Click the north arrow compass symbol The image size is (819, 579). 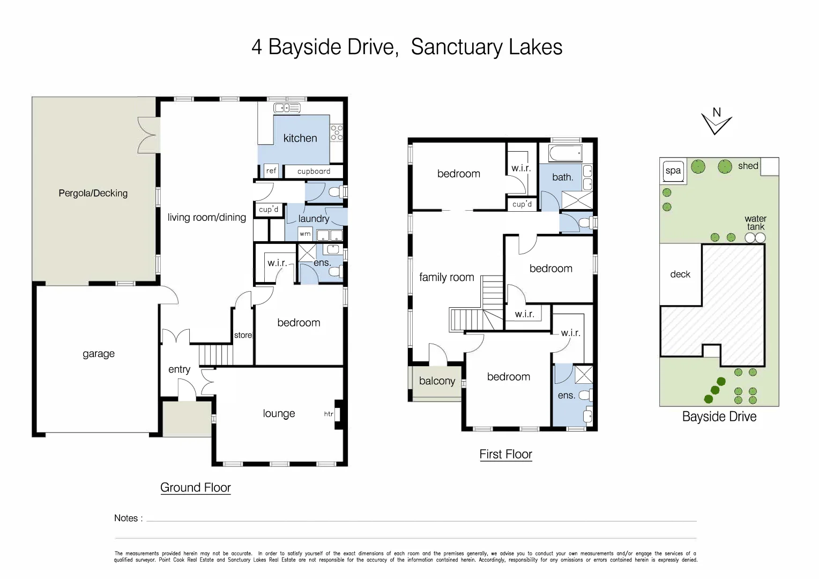[717, 122]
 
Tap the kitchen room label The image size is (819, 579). [300, 138]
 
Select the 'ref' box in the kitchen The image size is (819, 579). [271, 171]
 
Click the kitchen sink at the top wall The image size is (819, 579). [287, 108]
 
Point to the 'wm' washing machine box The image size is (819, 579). [305, 234]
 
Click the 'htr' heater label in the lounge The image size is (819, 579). [329, 414]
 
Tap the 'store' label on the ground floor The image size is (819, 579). [243, 335]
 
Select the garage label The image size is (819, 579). [99, 354]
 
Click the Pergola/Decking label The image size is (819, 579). [93, 193]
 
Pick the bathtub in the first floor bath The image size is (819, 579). [565, 154]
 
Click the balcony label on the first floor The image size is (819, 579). [437, 381]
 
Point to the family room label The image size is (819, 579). [446, 277]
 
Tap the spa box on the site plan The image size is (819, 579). [673, 171]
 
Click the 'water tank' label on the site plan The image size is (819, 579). [755, 222]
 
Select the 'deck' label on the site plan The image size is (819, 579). [680, 274]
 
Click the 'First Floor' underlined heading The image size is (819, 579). [505, 455]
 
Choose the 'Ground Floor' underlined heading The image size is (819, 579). [195, 488]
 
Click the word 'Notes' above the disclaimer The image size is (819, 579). [126, 518]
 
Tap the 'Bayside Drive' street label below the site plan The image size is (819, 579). [719, 417]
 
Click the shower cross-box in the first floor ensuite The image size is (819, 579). [584, 374]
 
